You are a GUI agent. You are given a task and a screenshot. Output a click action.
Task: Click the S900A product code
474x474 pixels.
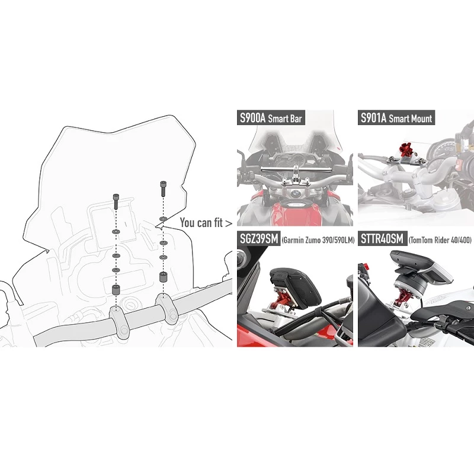253,117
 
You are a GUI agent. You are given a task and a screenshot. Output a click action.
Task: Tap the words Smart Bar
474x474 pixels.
285,118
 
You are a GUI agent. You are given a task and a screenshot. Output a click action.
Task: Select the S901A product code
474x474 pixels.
374,117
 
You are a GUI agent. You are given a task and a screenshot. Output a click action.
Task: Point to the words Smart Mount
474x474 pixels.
410,118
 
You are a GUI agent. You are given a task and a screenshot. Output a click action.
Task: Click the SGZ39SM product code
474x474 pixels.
259,239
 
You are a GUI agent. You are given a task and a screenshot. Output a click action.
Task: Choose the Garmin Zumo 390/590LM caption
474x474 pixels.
318,241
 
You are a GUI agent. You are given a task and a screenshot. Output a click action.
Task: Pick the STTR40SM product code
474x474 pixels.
382,239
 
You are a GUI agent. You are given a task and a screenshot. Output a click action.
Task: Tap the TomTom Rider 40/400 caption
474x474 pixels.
440,241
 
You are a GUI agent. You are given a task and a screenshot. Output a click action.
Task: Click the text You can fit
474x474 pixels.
201,223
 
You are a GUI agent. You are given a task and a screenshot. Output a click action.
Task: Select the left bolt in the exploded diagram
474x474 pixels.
116,201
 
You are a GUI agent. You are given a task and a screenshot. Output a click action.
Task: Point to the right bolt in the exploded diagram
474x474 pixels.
164,188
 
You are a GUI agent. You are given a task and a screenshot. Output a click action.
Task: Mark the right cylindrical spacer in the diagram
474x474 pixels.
164,277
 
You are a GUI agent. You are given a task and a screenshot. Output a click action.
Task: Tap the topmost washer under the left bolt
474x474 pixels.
116,232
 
